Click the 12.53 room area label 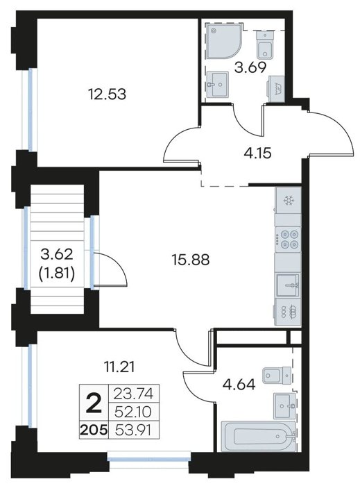click(x=107, y=94)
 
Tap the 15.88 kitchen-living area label click(x=190, y=260)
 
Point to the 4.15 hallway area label click(x=257, y=153)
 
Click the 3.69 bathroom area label click(x=250, y=67)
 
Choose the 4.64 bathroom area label click(x=239, y=385)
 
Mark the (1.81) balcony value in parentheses click(x=57, y=274)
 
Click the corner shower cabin click(x=222, y=41)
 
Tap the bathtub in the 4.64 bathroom click(x=258, y=436)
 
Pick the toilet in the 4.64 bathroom click(x=277, y=376)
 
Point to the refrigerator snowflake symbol click(x=289, y=201)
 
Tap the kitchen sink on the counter click(x=288, y=285)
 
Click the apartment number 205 click(x=94, y=430)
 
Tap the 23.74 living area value click(x=133, y=394)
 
